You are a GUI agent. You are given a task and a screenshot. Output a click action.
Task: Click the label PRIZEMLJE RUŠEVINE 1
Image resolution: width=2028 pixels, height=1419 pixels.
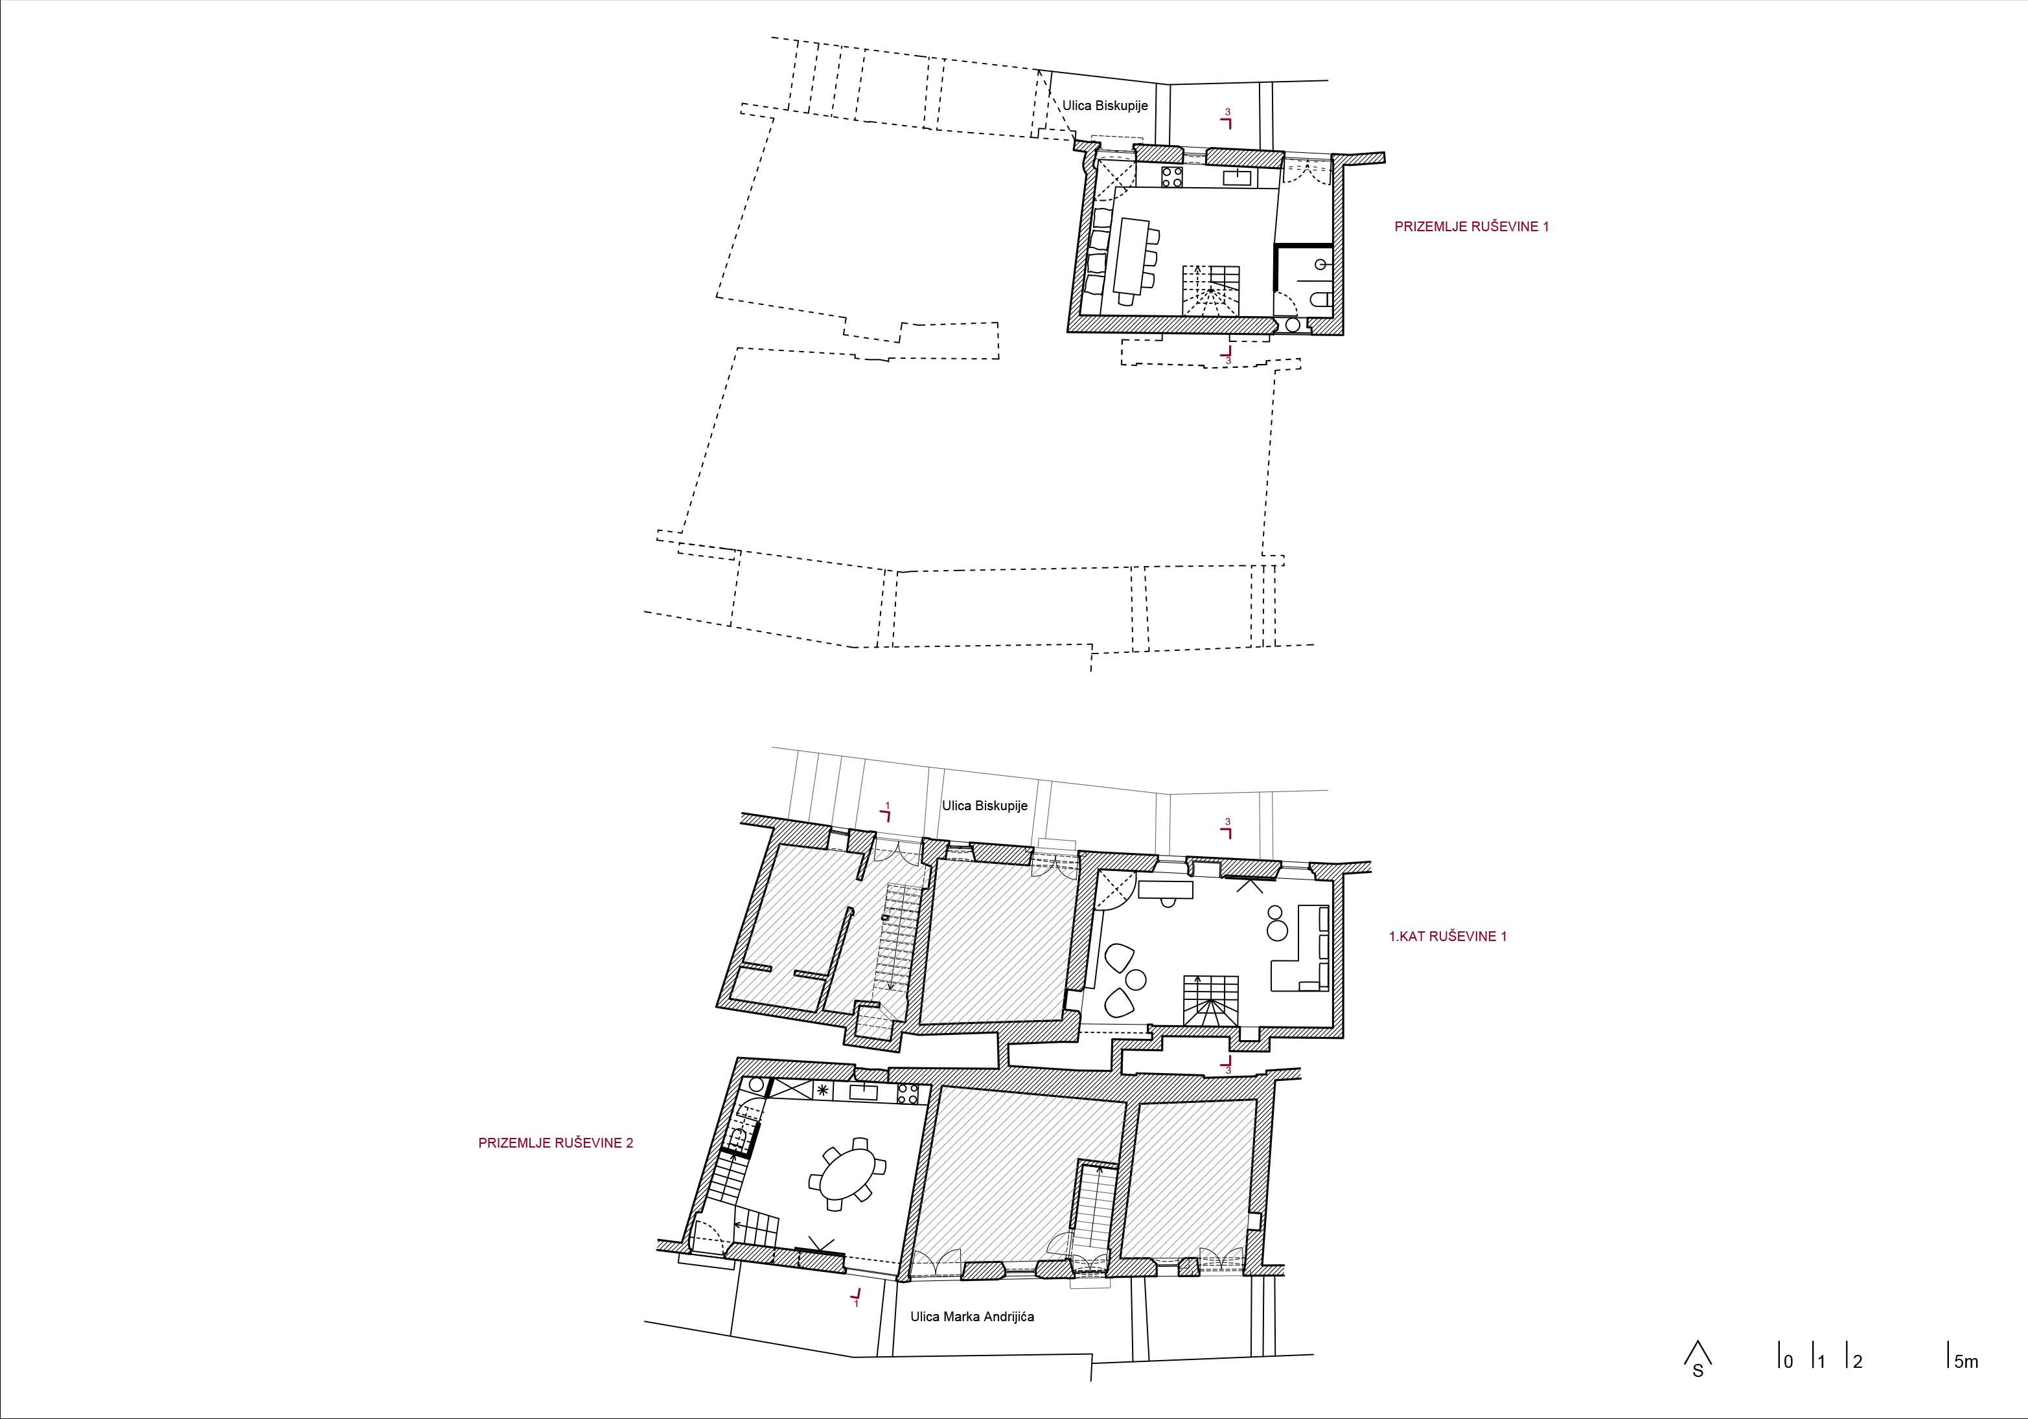[1471, 227]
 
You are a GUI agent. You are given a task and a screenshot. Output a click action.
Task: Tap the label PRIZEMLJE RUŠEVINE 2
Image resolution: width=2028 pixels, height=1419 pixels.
[555, 1142]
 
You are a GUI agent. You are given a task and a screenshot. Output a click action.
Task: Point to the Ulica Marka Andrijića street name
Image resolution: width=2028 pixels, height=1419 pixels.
[973, 1317]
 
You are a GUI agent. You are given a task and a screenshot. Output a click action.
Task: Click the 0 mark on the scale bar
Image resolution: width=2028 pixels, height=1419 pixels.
[1786, 1361]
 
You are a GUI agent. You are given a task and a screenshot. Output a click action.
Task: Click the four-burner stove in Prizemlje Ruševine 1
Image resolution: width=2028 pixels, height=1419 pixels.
[1172, 177]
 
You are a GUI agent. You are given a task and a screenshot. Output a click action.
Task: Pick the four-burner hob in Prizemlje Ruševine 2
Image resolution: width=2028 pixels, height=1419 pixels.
[908, 1094]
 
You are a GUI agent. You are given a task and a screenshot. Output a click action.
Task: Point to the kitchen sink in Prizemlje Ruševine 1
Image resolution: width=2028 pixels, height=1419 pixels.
[1237, 177]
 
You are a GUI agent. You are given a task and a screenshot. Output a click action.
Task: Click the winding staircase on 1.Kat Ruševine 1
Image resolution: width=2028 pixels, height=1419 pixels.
[1210, 1001]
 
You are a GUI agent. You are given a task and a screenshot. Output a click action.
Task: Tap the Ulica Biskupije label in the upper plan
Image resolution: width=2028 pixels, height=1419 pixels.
[1105, 106]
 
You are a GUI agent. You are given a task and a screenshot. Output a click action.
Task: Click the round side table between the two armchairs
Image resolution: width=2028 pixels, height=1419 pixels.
[1136, 979]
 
